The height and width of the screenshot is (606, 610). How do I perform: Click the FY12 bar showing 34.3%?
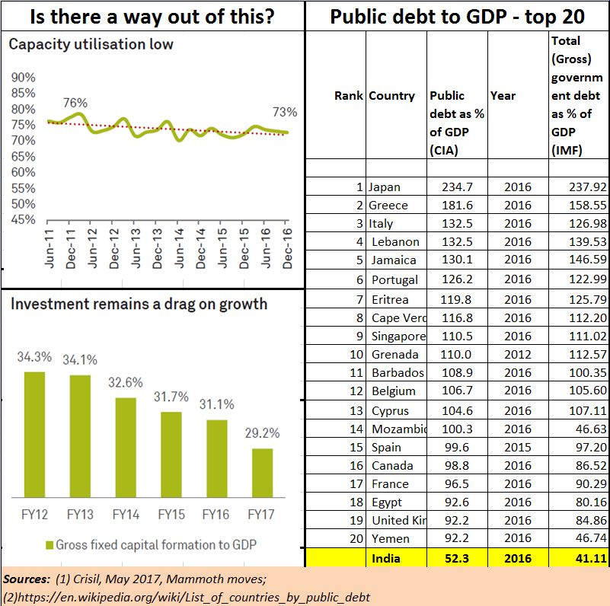coord(35,432)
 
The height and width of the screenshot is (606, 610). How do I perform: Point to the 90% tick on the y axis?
coord(24,78)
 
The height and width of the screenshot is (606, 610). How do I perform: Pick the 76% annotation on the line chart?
coord(75,103)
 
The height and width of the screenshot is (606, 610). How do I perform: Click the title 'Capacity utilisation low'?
coord(91,45)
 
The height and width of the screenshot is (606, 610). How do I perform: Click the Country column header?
coord(391,96)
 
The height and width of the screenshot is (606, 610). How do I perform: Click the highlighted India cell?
coord(387,558)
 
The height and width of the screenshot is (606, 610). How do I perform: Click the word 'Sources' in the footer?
coord(25,580)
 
